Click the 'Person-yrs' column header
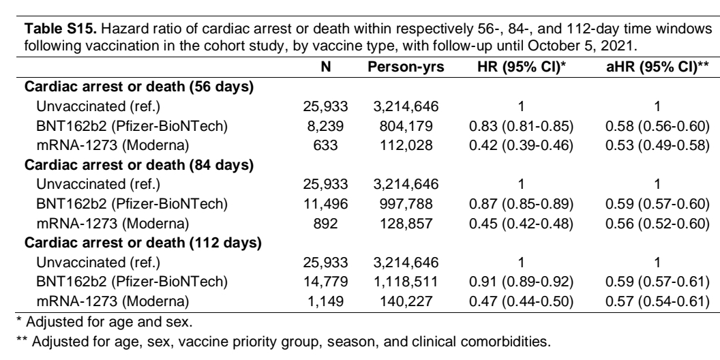(406, 67)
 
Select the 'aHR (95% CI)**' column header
(657, 67)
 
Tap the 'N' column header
(325, 67)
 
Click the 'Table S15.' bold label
(61, 29)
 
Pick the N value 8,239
(325, 126)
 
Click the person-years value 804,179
(406, 126)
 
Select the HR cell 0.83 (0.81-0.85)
(521, 126)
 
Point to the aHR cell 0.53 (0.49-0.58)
(657, 145)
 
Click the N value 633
(325, 145)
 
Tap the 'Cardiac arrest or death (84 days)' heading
(139, 165)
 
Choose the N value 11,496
(325, 203)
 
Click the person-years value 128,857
(406, 224)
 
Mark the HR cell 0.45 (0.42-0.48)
(521, 224)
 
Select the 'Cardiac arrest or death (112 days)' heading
(142, 243)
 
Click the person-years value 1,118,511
(406, 282)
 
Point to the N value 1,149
(325, 301)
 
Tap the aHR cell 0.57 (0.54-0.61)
(657, 301)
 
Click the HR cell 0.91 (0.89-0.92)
(521, 282)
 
